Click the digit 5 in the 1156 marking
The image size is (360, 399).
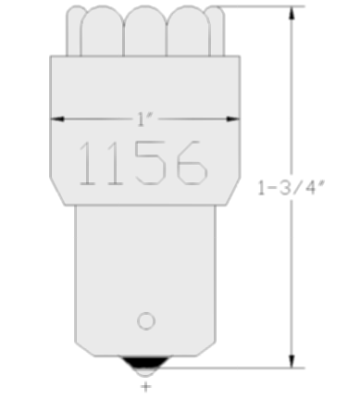click(x=151, y=163)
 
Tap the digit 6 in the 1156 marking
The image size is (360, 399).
click(x=192, y=163)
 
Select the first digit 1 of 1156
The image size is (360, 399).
click(x=87, y=163)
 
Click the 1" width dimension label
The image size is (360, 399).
click(x=145, y=119)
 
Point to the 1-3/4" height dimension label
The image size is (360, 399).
click(x=291, y=188)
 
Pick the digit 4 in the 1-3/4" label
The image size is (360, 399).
click(x=310, y=188)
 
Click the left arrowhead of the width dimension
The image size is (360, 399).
click(x=57, y=118)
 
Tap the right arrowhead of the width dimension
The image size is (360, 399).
click(x=233, y=118)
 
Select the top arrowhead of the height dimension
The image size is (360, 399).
click(x=292, y=13)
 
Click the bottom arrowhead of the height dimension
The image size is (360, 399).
click(x=292, y=361)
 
